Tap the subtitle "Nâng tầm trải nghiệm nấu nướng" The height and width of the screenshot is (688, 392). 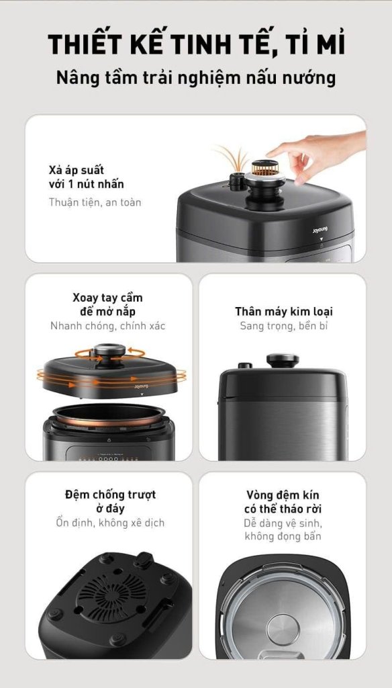point(196,78)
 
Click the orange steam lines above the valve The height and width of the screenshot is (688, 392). point(232,158)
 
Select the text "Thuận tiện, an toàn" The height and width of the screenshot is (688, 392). point(95,202)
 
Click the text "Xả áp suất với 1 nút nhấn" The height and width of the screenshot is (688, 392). point(87,177)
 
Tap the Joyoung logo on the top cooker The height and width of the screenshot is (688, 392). point(320,230)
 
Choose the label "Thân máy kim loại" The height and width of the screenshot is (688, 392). point(284,311)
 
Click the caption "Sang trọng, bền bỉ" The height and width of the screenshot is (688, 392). point(284,326)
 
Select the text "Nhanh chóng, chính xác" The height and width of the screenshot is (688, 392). point(108,326)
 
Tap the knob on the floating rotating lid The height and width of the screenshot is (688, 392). point(109,353)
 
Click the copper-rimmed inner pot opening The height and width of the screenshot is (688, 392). point(109,415)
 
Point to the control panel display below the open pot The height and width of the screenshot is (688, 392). point(108,454)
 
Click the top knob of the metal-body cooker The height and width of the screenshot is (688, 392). point(283,360)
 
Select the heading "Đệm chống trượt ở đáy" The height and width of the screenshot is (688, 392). point(110,501)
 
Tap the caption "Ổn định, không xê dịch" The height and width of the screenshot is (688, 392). point(110,523)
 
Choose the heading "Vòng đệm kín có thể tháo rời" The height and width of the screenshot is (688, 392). point(283,501)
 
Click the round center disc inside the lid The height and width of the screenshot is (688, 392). point(283,629)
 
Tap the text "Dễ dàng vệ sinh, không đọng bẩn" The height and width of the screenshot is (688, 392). point(283,529)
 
